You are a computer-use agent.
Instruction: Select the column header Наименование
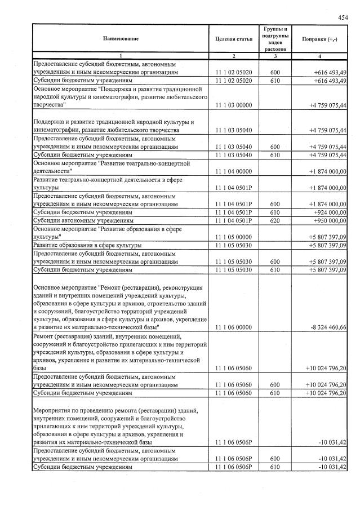point(120,39)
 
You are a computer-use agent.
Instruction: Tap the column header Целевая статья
point(233,39)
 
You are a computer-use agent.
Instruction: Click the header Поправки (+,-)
point(319,39)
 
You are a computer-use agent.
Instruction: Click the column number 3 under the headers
point(275,56)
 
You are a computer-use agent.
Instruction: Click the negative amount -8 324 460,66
point(326,327)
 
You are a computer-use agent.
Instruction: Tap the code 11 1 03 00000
point(233,105)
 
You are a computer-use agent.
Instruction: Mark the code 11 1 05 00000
point(233,237)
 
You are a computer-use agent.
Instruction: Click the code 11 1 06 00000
point(233,327)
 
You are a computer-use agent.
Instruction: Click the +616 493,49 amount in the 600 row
point(327,73)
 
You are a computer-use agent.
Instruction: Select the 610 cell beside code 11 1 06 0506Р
point(275,467)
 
